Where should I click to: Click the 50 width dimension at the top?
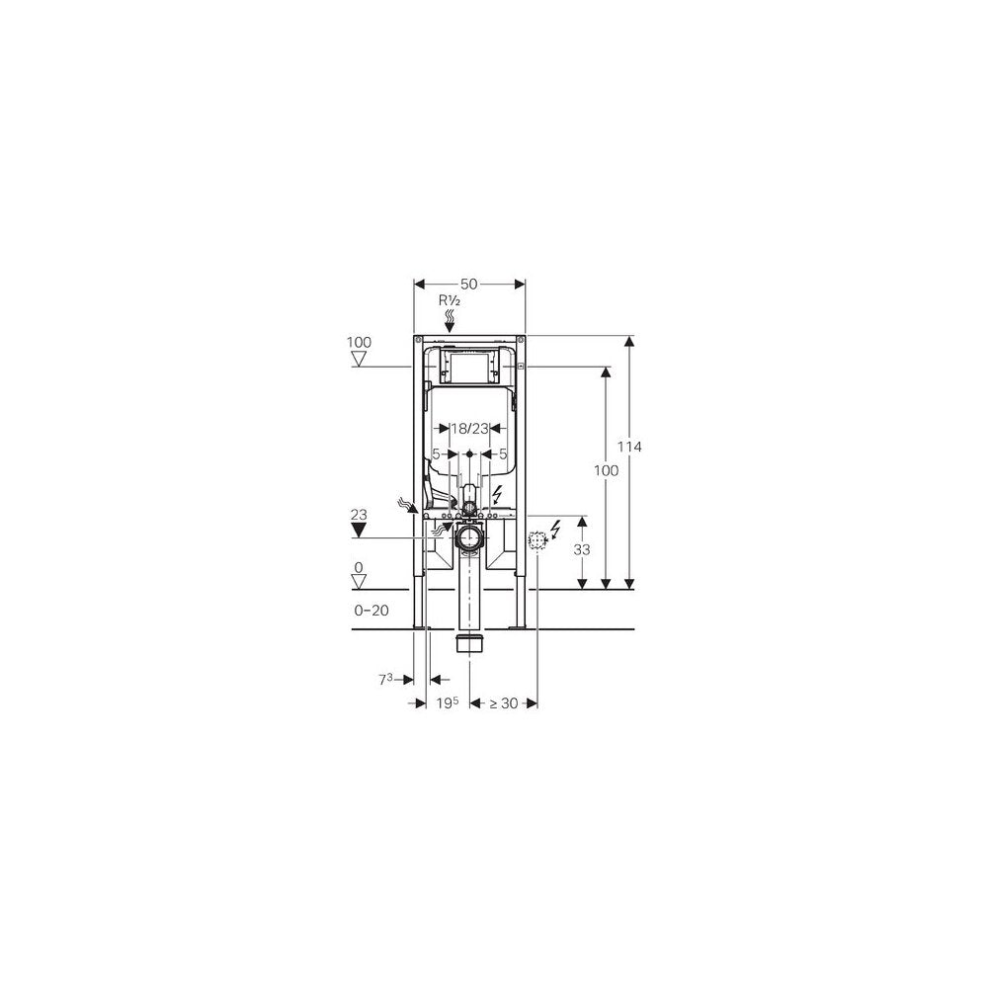click(468, 285)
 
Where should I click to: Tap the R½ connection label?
click(450, 300)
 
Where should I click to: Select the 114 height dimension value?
click(629, 447)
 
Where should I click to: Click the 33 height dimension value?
click(582, 549)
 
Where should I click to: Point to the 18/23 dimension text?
click(469, 429)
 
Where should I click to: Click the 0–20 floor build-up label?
click(371, 610)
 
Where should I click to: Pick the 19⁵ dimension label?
click(448, 703)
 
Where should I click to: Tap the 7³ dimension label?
click(385, 680)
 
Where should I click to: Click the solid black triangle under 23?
click(359, 530)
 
